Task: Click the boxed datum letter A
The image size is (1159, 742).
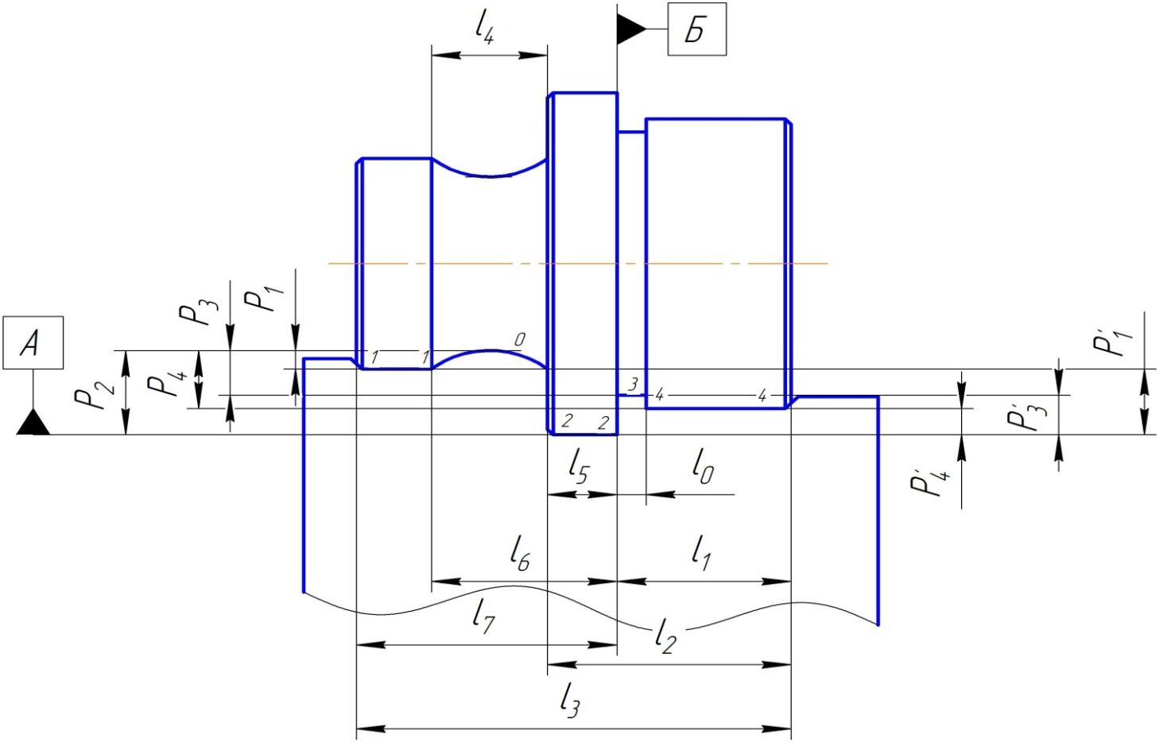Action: (32, 343)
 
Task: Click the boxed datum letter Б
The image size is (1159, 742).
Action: (696, 30)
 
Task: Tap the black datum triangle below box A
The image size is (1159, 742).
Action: (33, 423)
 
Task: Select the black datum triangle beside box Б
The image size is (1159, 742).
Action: (631, 29)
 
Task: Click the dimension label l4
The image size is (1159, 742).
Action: (484, 29)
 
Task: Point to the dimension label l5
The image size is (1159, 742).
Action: (578, 466)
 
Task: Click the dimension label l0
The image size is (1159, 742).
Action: (702, 466)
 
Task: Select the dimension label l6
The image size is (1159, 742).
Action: (519, 553)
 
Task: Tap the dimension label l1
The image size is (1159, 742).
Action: (700, 552)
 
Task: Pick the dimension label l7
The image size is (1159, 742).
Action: (483, 615)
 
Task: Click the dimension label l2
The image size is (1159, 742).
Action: (665, 635)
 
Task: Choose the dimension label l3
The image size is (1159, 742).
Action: (569, 700)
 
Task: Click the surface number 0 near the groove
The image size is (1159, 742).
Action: (519, 340)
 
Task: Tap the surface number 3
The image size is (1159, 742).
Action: (633, 385)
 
